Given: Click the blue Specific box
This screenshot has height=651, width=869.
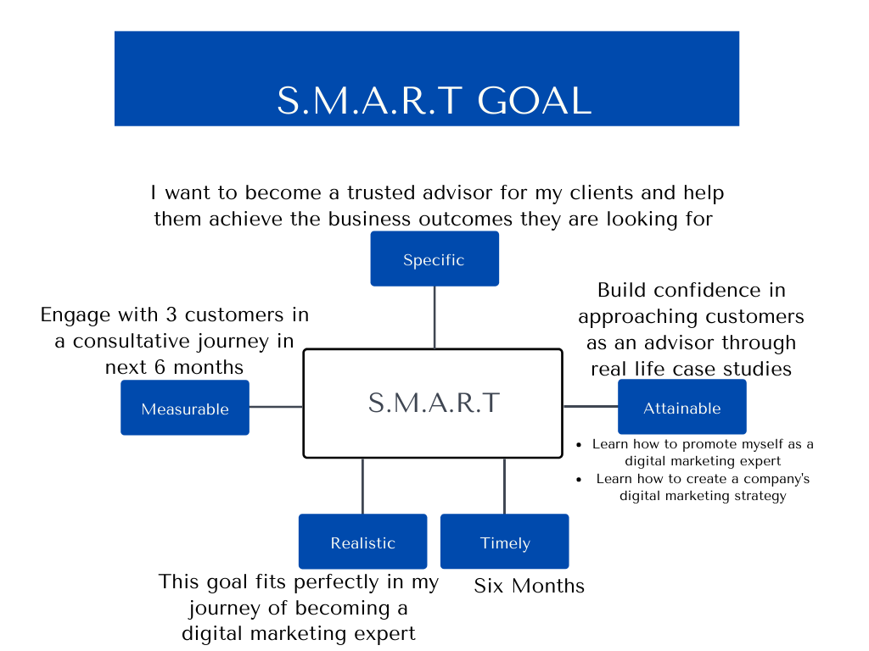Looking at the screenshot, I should click(x=434, y=259).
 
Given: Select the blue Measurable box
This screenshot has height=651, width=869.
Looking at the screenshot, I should click(x=185, y=408).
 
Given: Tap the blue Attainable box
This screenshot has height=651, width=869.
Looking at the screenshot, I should click(x=682, y=407).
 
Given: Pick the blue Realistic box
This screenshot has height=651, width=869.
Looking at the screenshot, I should click(x=363, y=542).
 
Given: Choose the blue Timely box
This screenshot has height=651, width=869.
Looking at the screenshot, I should click(x=505, y=542).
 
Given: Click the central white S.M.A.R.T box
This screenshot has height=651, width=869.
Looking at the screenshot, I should click(x=433, y=403).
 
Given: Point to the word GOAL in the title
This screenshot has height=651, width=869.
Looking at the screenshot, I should click(x=534, y=101).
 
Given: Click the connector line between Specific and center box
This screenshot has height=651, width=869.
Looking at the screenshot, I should click(x=434, y=317).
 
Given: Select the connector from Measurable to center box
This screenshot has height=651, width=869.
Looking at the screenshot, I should click(x=276, y=407).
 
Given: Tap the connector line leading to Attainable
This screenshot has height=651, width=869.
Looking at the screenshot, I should click(x=591, y=407).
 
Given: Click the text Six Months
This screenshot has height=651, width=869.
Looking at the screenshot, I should click(x=529, y=586).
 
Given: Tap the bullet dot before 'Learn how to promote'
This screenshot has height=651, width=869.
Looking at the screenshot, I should click(x=579, y=444).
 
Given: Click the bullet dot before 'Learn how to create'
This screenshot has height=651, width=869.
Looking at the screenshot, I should click(x=579, y=479).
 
